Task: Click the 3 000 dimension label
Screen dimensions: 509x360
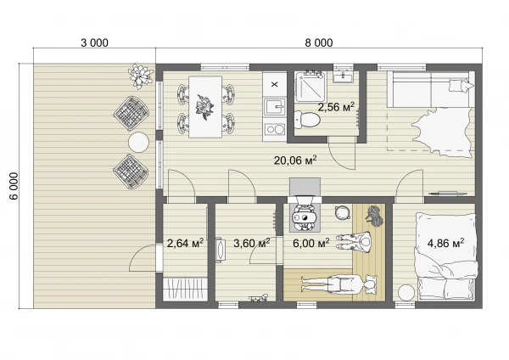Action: point(94,42)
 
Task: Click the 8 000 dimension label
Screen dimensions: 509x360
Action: point(319,42)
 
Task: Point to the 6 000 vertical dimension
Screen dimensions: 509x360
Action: point(15,186)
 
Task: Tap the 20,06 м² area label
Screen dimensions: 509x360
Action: point(295,160)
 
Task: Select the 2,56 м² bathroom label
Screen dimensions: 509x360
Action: point(336,107)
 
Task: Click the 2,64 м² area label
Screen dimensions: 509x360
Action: point(185,243)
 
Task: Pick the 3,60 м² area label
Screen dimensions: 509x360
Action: point(252,243)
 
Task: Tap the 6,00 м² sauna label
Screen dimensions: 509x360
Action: point(311,243)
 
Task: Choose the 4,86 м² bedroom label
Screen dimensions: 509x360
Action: point(445,243)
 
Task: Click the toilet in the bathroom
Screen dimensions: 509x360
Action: point(307,120)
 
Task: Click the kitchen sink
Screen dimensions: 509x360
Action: point(275,107)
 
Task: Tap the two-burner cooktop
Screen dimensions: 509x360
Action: point(275,130)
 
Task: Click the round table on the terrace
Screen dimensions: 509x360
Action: point(138,143)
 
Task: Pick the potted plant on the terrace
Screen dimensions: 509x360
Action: point(141,76)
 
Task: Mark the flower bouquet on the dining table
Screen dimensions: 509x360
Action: point(204,106)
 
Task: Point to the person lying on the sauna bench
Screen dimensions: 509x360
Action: point(338,284)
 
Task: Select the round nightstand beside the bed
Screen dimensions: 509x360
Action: point(406,293)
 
